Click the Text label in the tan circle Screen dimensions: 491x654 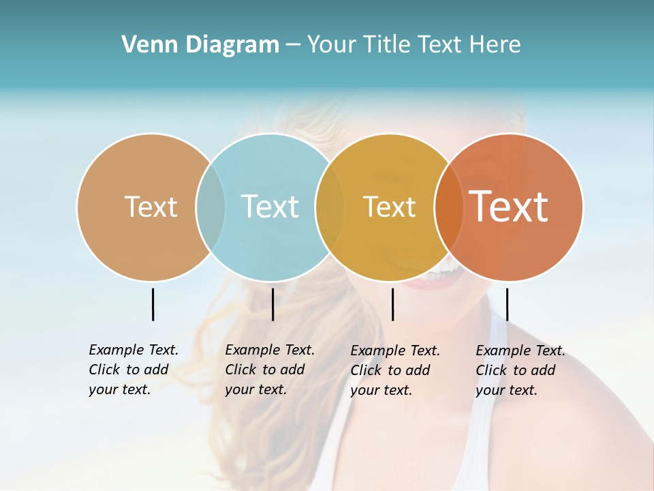click(x=151, y=207)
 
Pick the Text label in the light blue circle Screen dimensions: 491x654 click(x=270, y=207)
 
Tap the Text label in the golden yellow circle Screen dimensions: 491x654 click(x=389, y=207)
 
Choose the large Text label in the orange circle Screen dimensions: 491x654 click(x=509, y=207)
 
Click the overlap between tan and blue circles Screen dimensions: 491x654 click(x=211, y=207)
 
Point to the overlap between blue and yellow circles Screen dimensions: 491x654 click(x=330, y=207)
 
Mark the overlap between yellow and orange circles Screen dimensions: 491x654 click(x=448, y=207)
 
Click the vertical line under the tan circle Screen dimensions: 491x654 click(x=153, y=304)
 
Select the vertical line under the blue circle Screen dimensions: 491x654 click(x=272, y=304)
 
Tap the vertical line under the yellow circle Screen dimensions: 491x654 click(x=392, y=304)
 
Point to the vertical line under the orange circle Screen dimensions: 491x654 click(x=507, y=304)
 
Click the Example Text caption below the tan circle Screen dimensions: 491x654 click(x=133, y=370)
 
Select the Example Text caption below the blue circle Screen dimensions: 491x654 click(x=269, y=370)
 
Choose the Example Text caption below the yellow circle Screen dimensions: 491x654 click(x=394, y=370)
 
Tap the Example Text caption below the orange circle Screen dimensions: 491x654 click(x=520, y=370)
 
